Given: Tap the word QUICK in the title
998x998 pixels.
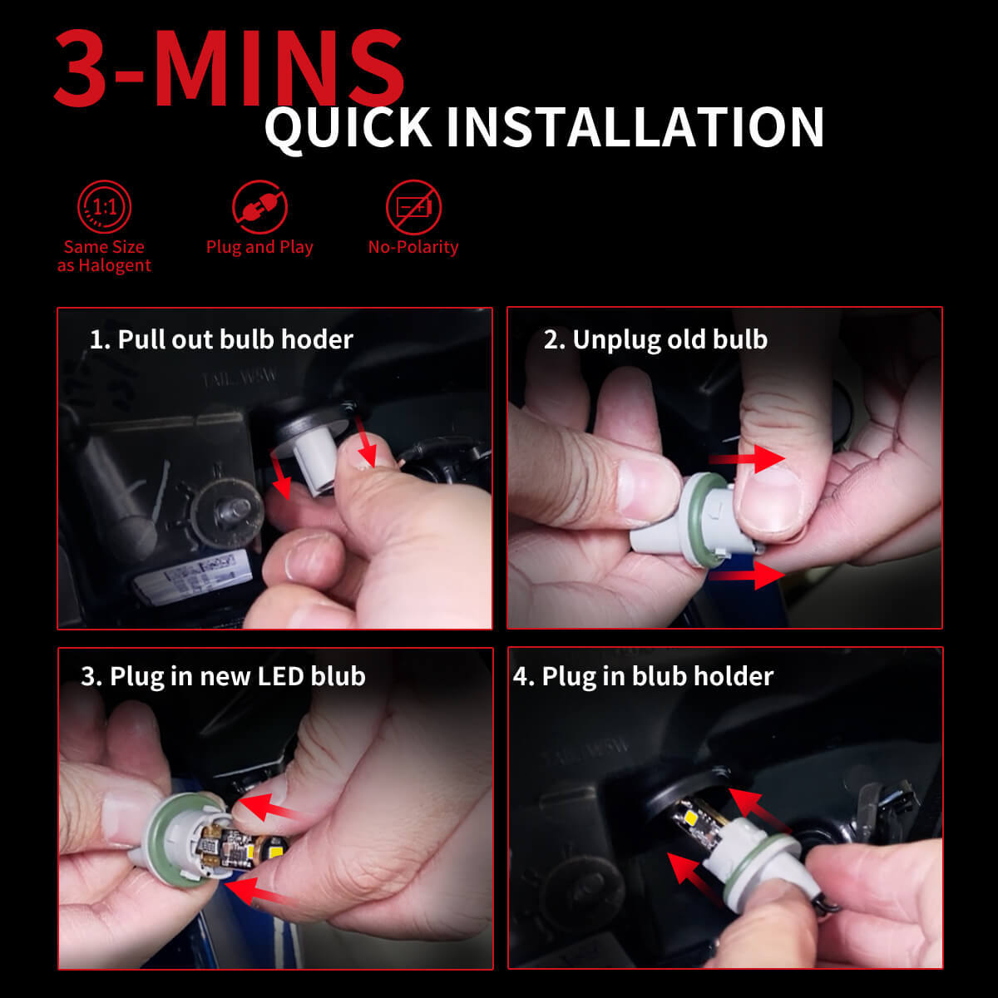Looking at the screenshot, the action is coord(348,127).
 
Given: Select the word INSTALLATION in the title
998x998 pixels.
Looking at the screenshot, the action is coord(635,127).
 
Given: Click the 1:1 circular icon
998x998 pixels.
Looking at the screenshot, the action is coord(104,206).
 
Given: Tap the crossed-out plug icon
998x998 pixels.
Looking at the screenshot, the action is coord(259,206).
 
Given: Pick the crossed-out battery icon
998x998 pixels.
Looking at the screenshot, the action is coord(413,206).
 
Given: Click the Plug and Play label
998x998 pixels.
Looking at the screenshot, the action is coord(259,248).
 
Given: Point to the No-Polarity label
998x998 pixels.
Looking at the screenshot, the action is coord(413,247).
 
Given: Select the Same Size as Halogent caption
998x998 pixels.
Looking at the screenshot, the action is coord(104,256).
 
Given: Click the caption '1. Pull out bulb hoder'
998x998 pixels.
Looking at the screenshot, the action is coord(221,340).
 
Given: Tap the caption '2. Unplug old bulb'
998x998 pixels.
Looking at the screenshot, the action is coord(655,340).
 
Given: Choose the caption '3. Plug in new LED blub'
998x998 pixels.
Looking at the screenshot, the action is coord(223,676).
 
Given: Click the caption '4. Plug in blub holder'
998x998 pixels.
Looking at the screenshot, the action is coord(643,676).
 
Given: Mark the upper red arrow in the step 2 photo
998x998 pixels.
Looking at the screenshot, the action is coord(747,458).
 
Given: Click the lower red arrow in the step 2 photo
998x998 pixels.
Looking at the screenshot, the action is coord(747,575).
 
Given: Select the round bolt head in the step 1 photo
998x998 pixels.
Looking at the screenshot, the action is coord(226,513).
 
